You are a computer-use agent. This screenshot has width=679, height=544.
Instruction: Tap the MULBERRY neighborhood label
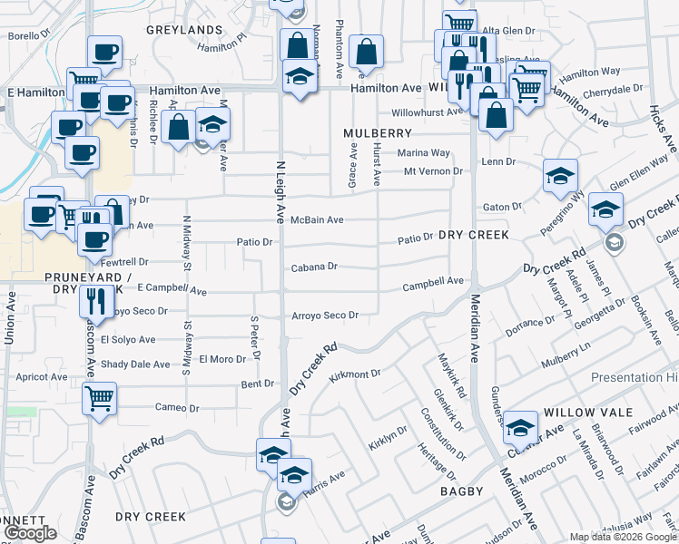378,133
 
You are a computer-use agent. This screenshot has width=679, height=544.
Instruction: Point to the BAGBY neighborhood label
464,490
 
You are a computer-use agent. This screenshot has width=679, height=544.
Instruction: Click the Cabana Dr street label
314,267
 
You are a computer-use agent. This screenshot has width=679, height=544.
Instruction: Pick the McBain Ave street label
317,220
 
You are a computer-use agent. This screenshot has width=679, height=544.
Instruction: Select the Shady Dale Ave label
135,364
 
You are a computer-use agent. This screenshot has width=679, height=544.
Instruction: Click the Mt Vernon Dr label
433,170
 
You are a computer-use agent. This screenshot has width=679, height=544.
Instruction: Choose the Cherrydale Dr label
614,90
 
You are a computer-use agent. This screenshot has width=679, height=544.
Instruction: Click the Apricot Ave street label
41,377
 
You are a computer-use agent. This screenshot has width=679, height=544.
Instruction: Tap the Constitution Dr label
437,433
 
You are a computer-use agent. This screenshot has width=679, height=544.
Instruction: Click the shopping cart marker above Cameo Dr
99,397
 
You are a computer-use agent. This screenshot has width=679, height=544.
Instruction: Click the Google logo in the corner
30,534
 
